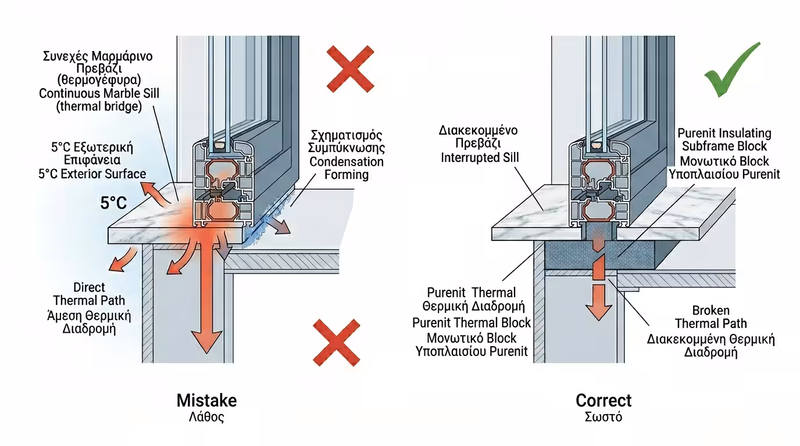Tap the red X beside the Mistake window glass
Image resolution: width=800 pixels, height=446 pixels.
coord(349,69)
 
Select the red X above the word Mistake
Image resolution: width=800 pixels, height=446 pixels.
coord(336,340)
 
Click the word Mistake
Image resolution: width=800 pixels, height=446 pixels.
coord(206,401)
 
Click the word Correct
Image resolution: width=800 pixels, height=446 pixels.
coord(603,401)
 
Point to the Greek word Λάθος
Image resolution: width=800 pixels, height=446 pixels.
coord(206,417)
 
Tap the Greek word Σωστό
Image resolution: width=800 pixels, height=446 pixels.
coord(603,417)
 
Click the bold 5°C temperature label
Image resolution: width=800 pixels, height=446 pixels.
coord(114,204)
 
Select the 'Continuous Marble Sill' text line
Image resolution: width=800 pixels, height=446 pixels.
coord(99,93)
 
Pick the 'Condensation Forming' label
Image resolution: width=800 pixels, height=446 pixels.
coord(347,168)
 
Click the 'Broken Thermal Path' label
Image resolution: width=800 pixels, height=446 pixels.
coord(710,317)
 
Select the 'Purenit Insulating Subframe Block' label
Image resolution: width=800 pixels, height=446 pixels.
coord(724,140)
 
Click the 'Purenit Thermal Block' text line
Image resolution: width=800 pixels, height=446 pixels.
coord(472,323)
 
